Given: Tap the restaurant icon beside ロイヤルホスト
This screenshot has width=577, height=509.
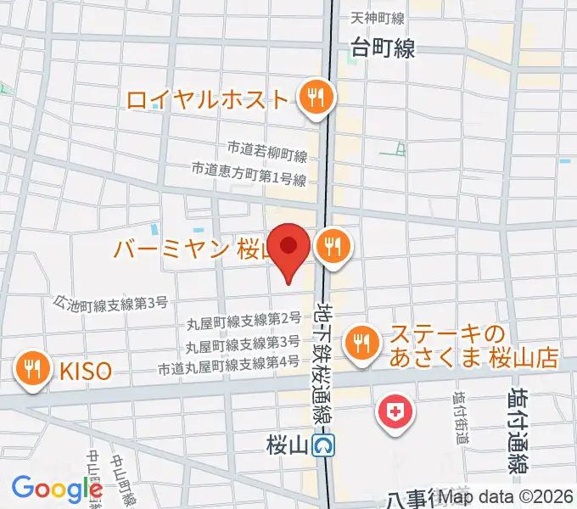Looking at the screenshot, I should (316, 98).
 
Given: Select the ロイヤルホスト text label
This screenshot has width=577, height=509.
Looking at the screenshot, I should (208, 99).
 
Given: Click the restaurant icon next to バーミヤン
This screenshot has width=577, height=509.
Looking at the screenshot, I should (330, 248).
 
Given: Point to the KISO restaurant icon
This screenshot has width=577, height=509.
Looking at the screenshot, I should (32, 368).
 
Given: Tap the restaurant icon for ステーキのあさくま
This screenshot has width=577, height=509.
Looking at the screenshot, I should (362, 344).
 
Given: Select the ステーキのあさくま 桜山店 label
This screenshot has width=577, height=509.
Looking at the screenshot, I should (473, 346).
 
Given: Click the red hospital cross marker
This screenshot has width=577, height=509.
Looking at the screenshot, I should (395, 413).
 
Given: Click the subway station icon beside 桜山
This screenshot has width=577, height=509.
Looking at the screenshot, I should (322, 445).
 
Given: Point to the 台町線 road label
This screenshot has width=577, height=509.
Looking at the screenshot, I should (382, 48).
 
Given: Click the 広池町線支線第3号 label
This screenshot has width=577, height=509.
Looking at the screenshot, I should (110, 301).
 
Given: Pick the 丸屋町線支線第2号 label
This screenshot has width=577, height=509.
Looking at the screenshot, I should (243, 320).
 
